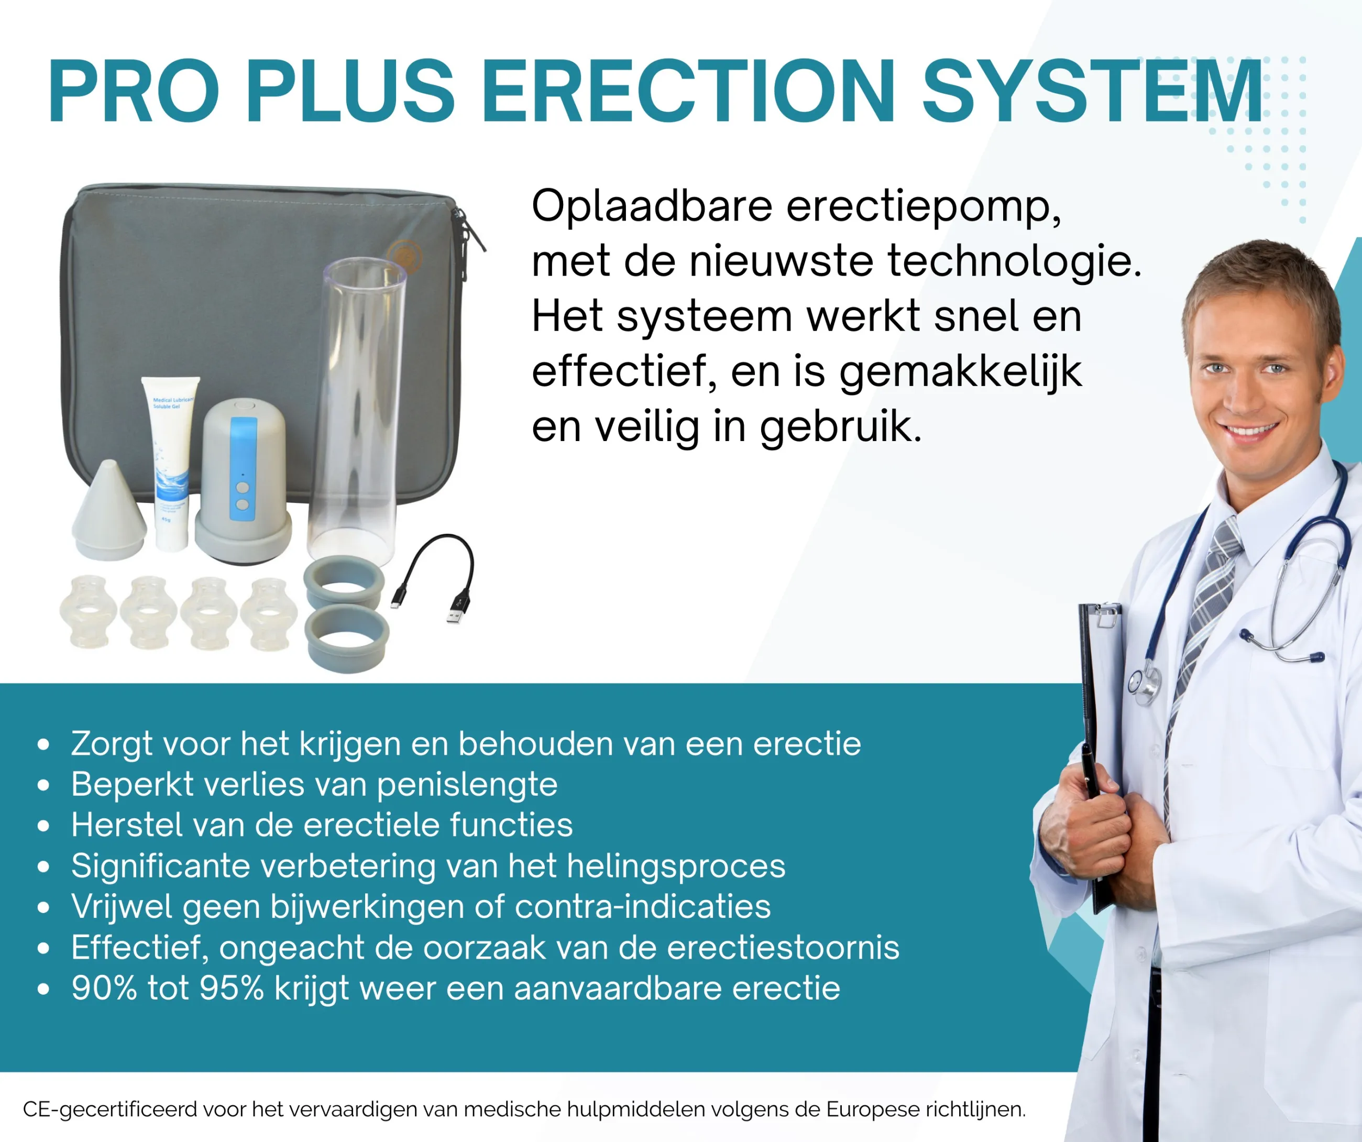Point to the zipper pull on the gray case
click(x=474, y=232)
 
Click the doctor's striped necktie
click(x=1205, y=622)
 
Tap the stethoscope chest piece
click(x=1145, y=686)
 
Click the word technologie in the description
click(x=1014, y=261)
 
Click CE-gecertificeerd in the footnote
click(x=110, y=1110)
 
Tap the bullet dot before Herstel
click(x=43, y=826)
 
